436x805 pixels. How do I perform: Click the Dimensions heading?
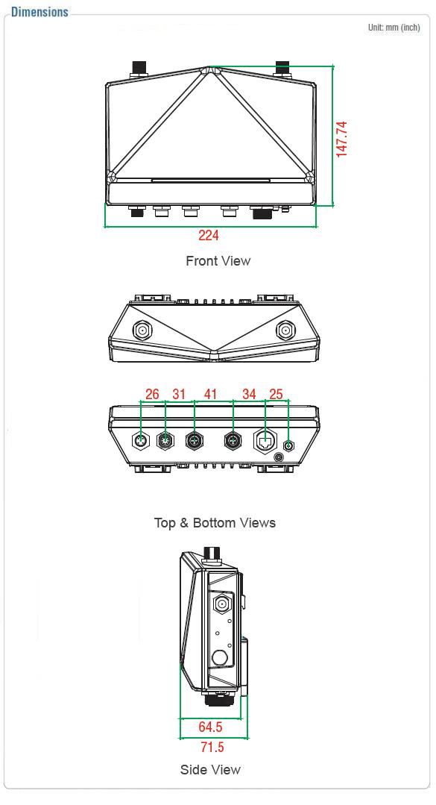pyautogui.click(x=40, y=11)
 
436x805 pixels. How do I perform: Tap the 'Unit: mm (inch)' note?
pyautogui.click(x=394, y=27)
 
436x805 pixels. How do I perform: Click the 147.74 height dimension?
pyautogui.click(x=341, y=139)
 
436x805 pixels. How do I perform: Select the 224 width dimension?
pyautogui.click(x=209, y=235)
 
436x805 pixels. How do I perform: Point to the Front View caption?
pyautogui.click(x=218, y=261)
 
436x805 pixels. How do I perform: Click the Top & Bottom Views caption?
pyautogui.click(x=215, y=523)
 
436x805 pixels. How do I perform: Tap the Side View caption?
pyautogui.click(x=210, y=770)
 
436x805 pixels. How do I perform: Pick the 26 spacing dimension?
pyautogui.click(x=152, y=394)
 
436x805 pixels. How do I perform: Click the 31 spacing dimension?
pyautogui.click(x=179, y=394)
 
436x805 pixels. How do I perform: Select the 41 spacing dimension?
pyautogui.click(x=210, y=394)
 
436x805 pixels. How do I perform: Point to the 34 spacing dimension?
pyautogui.click(x=249, y=394)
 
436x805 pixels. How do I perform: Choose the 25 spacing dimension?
pyautogui.click(x=276, y=394)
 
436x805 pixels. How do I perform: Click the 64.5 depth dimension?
pyautogui.click(x=210, y=727)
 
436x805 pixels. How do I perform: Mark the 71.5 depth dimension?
pyautogui.click(x=212, y=747)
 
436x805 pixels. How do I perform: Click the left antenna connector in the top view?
pyautogui.click(x=142, y=330)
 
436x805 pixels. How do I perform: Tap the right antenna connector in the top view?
pyautogui.click(x=285, y=330)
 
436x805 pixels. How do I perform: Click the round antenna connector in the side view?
pyautogui.click(x=221, y=604)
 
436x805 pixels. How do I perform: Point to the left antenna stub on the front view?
pyautogui.click(x=139, y=70)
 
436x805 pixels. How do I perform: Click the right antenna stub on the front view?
pyautogui.click(x=283, y=70)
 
